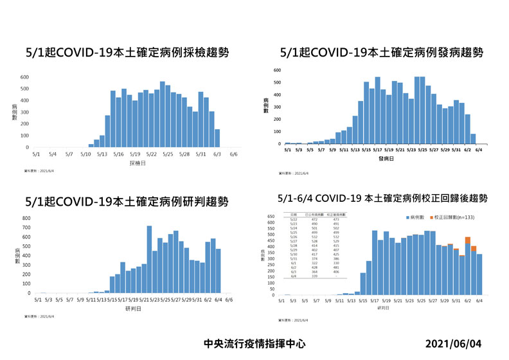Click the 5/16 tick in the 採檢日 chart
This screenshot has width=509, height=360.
[x=118, y=154]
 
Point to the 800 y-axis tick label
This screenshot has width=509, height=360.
[x=26, y=219]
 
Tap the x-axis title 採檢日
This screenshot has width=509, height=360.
[x=129, y=164]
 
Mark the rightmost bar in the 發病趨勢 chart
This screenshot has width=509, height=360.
[x=473, y=139]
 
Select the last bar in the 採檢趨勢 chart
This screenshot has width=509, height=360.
[x=217, y=138]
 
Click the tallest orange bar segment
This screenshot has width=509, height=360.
[x=468, y=240]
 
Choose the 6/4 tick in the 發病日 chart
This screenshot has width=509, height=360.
[x=479, y=148]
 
